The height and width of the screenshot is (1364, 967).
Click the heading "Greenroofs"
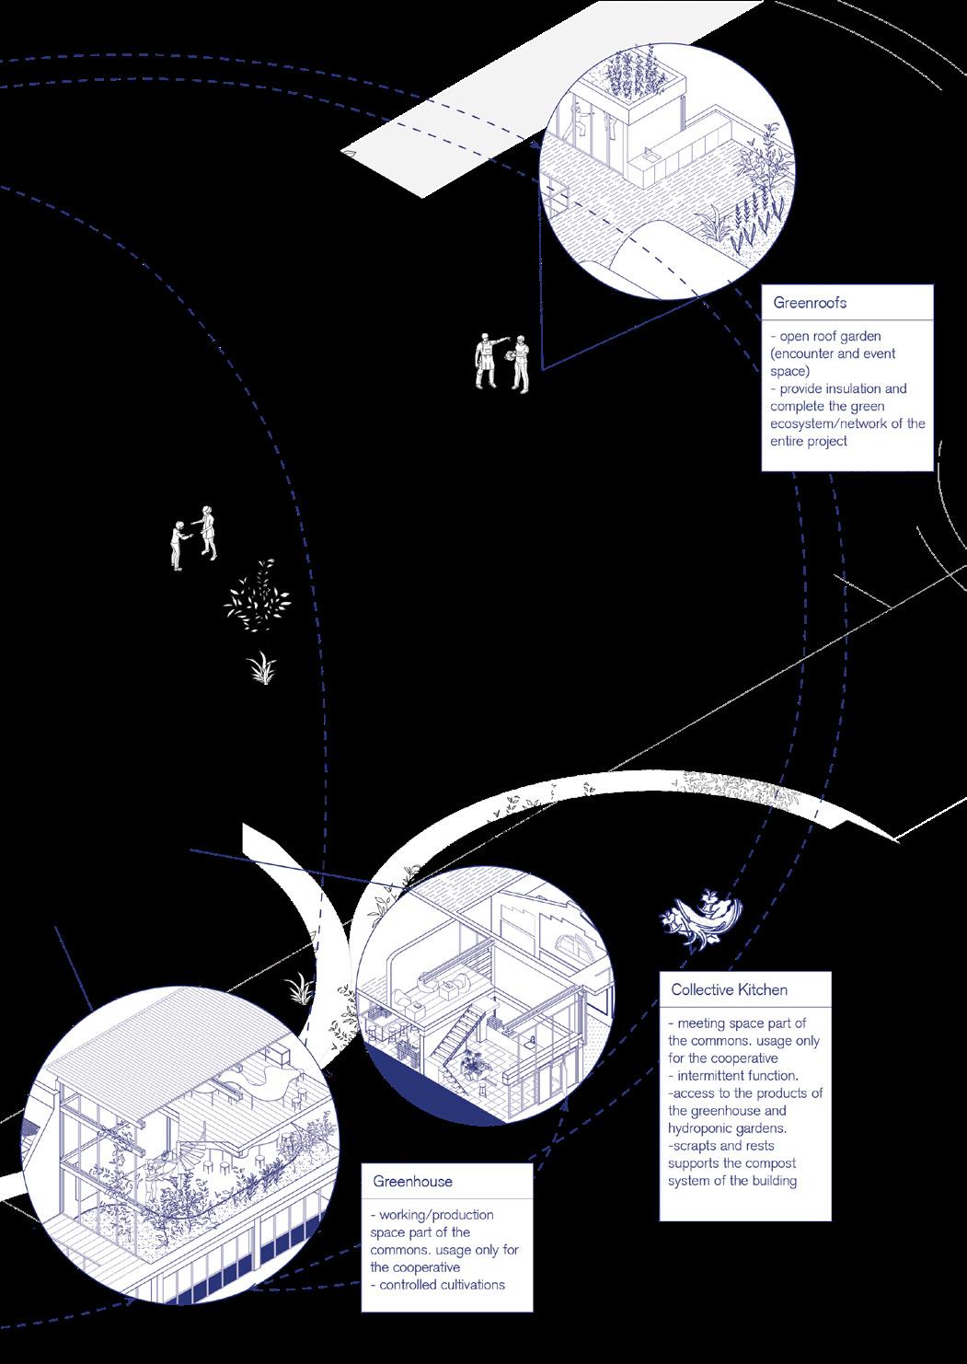[810, 302]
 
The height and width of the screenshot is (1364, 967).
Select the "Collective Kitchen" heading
[729, 989]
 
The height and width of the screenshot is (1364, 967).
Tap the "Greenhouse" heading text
[412, 1181]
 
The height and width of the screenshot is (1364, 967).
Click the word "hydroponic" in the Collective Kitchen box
[703, 1128]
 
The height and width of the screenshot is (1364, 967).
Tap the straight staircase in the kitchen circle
[459, 1031]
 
